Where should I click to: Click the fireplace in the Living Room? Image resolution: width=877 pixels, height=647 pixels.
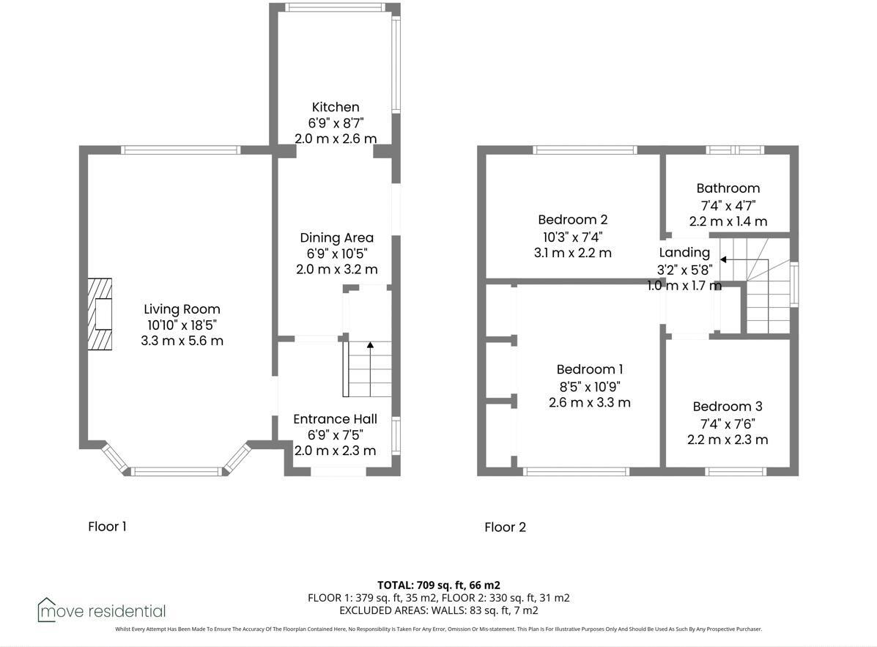[x=100, y=316]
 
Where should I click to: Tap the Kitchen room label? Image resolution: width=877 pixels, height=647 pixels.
[x=336, y=107]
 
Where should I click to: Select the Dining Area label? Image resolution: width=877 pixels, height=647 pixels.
[x=336, y=237]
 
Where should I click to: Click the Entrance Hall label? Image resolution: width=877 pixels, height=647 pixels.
[x=335, y=418]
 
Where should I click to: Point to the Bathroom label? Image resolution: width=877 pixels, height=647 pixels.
[x=728, y=188]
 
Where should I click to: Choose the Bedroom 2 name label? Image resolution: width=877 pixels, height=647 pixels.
[x=572, y=219]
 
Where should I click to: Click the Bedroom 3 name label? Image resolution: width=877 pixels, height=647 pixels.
[x=727, y=407]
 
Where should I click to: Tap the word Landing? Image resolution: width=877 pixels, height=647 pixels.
[x=684, y=252]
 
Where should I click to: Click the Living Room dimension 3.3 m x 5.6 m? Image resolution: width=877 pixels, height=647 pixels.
[x=182, y=341]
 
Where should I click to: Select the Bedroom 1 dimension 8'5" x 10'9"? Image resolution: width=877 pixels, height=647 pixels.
[x=589, y=386]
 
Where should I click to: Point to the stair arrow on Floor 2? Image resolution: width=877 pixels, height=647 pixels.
[x=722, y=259]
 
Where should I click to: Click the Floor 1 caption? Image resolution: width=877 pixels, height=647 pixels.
[x=107, y=526]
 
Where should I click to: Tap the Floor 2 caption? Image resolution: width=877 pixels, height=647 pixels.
[x=505, y=527]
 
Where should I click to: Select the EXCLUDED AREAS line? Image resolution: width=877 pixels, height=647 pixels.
[x=438, y=610]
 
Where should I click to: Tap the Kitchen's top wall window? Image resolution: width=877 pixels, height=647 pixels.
[x=334, y=7]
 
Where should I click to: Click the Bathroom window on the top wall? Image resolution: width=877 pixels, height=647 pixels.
[x=735, y=150]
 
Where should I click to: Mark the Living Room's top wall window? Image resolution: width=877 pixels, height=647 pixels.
[x=181, y=150]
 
